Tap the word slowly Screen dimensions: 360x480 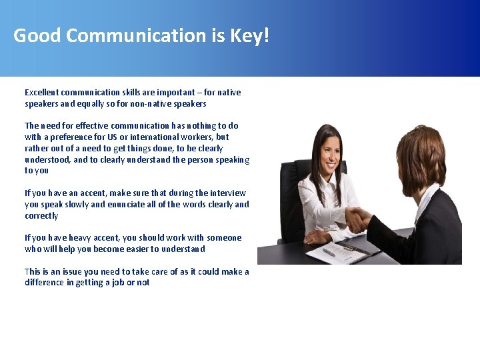[77, 205]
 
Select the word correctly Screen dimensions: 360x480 [41, 216]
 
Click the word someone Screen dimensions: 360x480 [224, 238]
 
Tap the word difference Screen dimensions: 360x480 [45, 283]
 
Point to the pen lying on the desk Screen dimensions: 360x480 [329, 252]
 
